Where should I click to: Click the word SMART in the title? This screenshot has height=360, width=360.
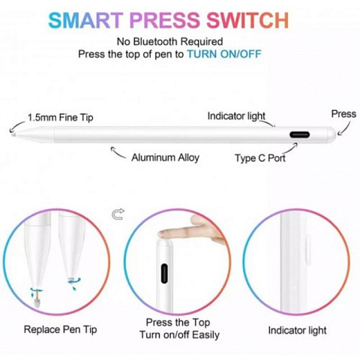click(x=85, y=20)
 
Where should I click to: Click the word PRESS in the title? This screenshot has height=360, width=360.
click(x=165, y=20)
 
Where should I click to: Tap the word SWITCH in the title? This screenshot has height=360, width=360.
click(x=247, y=20)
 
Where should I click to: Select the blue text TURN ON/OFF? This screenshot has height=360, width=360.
click(x=224, y=54)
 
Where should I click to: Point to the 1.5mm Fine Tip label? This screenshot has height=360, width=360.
click(x=61, y=118)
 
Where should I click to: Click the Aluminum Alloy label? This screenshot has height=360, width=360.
click(x=165, y=157)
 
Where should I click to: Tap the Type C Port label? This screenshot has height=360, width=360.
click(x=260, y=158)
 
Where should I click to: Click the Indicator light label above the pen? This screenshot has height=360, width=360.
click(x=236, y=116)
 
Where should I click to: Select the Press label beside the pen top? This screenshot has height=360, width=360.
click(x=343, y=114)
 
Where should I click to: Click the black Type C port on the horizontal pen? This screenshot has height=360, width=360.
click(x=299, y=135)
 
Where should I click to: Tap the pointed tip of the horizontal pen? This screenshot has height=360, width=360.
click(x=13, y=135)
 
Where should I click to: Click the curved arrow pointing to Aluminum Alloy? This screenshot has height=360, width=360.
click(x=118, y=153)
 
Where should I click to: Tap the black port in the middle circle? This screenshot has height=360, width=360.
click(x=164, y=273)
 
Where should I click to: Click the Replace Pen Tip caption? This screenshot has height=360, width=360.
click(x=60, y=330)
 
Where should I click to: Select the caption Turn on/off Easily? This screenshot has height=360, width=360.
click(x=179, y=334)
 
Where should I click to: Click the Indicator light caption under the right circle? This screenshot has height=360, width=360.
click(x=297, y=331)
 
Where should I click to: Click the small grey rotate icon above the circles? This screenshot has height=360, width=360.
click(x=118, y=214)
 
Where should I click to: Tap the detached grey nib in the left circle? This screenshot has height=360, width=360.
click(x=37, y=304)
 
